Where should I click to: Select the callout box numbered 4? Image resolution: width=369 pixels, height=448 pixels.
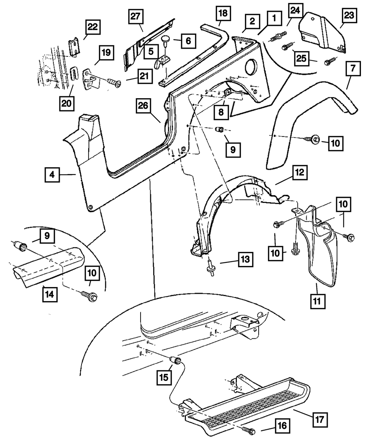(53, 175)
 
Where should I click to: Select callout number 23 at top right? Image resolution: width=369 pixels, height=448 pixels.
(349, 15)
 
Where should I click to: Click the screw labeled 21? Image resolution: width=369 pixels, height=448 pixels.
(113, 84)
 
